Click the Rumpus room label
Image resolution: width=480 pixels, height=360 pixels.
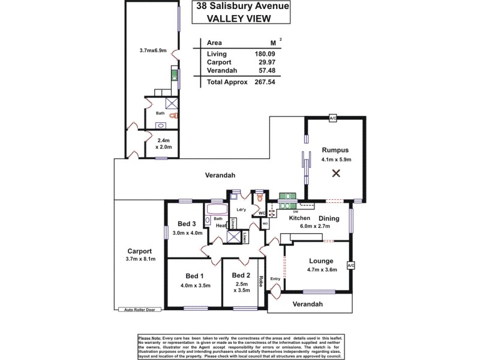point(335,150)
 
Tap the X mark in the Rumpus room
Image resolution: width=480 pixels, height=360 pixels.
point(336,174)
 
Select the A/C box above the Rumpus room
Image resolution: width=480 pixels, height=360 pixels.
point(333,119)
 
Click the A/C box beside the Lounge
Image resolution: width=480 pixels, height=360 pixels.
point(351,265)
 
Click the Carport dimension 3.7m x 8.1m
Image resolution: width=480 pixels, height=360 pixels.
point(139,259)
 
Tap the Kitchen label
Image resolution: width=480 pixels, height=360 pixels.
point(299,218)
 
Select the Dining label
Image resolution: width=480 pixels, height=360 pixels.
point(329,218)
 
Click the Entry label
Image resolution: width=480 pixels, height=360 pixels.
point(275,279)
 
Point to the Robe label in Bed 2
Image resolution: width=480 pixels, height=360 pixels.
point(262,280)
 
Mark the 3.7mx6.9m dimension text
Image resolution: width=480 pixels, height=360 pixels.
point(152,50)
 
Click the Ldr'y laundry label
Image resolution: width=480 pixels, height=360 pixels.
point(242,209)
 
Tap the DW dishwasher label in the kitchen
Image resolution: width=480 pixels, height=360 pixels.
point(296,212)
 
